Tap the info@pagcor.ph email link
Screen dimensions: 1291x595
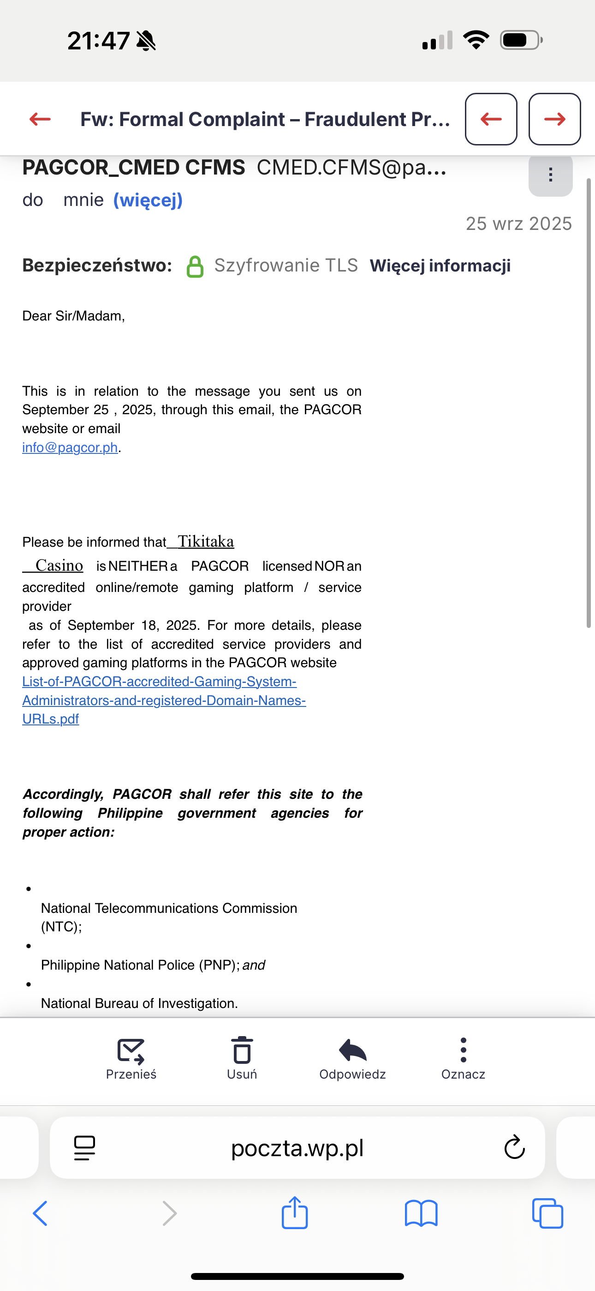[70, 447]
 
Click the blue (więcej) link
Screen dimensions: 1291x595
[148, 200]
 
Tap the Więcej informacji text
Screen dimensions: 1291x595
[440, 265]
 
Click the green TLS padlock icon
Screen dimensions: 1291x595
[195, 266]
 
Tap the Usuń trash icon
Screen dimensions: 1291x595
[242, 1050]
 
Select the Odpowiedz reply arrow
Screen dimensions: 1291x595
[352, 1050]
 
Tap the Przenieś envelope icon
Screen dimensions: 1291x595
[131, 1050]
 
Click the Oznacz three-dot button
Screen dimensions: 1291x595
[463, 1050]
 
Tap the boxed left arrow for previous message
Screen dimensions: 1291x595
[491, 119]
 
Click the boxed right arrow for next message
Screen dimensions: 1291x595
[554, 119]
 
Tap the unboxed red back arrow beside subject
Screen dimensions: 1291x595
[40, 119]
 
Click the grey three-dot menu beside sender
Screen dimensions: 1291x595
[550, 175]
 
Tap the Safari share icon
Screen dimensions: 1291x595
[294, 1213]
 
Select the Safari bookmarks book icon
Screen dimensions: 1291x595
[421, 1213]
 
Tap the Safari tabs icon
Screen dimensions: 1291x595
[547, 1213]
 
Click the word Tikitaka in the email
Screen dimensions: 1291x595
[206, 541]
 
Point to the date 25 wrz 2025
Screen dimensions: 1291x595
[518, 223]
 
